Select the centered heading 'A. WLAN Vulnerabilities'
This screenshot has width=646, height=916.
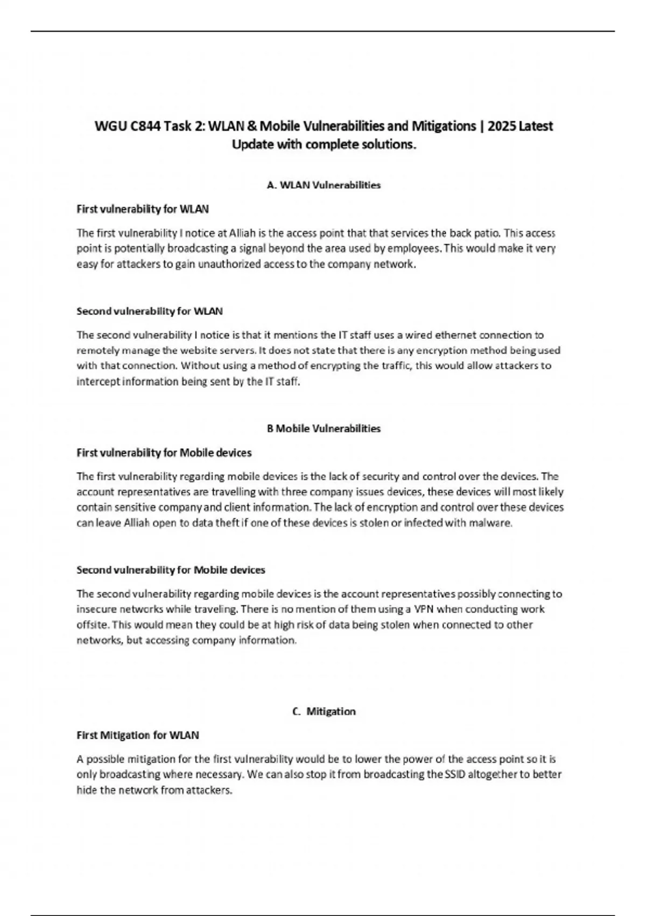324,185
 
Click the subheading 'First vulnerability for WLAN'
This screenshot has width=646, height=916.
143,209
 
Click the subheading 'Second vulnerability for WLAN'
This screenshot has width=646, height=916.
150,311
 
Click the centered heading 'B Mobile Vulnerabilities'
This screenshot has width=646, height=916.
324,429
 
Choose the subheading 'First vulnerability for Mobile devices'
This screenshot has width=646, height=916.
164,453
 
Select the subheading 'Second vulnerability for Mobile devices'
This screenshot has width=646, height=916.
171,570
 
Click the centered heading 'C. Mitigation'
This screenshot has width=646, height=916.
324,712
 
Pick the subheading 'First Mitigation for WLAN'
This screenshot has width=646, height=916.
138,735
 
